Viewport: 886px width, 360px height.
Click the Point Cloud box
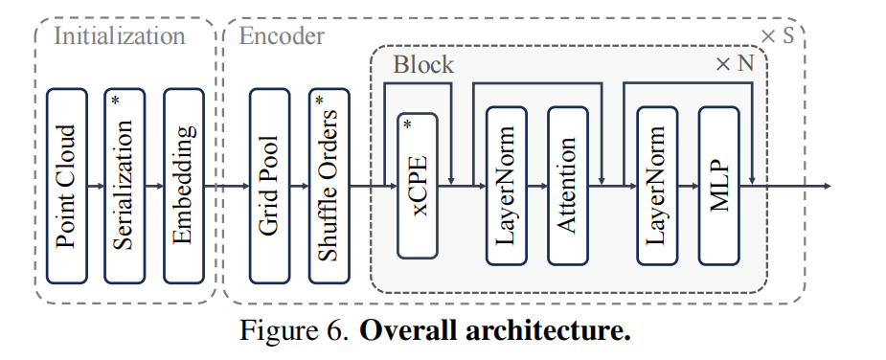click(x=66, y=185)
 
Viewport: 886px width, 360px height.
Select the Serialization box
click(x=125, y=185)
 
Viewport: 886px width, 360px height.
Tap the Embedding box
click(x=184, y=185)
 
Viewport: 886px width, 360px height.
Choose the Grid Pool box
click(x=269, y=185)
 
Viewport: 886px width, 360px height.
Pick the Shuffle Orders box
click(x=329, y=185)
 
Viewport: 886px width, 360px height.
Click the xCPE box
click(x=418, y=185)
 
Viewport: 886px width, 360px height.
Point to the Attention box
click(x=567, y=185)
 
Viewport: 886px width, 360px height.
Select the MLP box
click(x=720, y=185)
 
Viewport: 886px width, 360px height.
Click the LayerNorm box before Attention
click(x=507, y=185)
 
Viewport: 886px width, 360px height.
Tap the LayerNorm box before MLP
click(x=658, y=185)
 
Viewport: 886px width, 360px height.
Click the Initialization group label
click(x=119, y=36)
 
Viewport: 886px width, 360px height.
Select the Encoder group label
click(x=282, y=36)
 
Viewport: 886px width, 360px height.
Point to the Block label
click(x=423, y=65)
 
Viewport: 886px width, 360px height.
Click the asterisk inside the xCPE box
click(x=407, y=124)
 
